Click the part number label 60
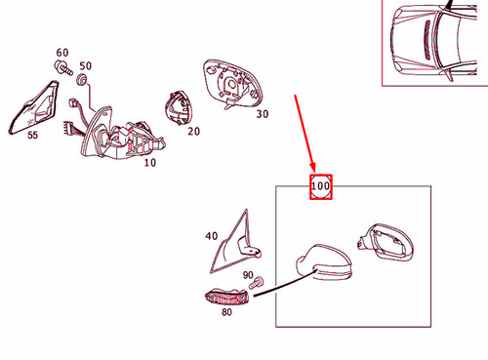pyautogui.click(x=62, y=53)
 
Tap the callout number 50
pyautogui.click(x=85, y=65)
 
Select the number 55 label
pyautogui.click(x=32, y=135)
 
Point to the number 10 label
pyautogui.click(x=150, y=162)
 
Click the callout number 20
pyautogui.click(x=193, y=131)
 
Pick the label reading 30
pyautogui.click(x=263, y=114)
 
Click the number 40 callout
pyautogui.click(x=212, y=236)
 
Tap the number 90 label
pyautogui.click(x=248, y=275)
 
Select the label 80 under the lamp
pyautogui.click(x=226, y=312)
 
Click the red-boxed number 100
pyautogui.click(x=320, y=186)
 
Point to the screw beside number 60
pyautogui.click(x=63, y=67)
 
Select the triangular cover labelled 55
pyautogui.click(x=34, y=107)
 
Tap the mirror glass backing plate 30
pyautogui.click(x=232, y=84)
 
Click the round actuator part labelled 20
pyautogui.click(x=179, y=108)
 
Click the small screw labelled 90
pyautogui.click(x=257, y=283)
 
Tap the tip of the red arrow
pyautogui.click(x=314, y=172)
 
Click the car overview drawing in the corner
pyautogui.click(x=434, y=43)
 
